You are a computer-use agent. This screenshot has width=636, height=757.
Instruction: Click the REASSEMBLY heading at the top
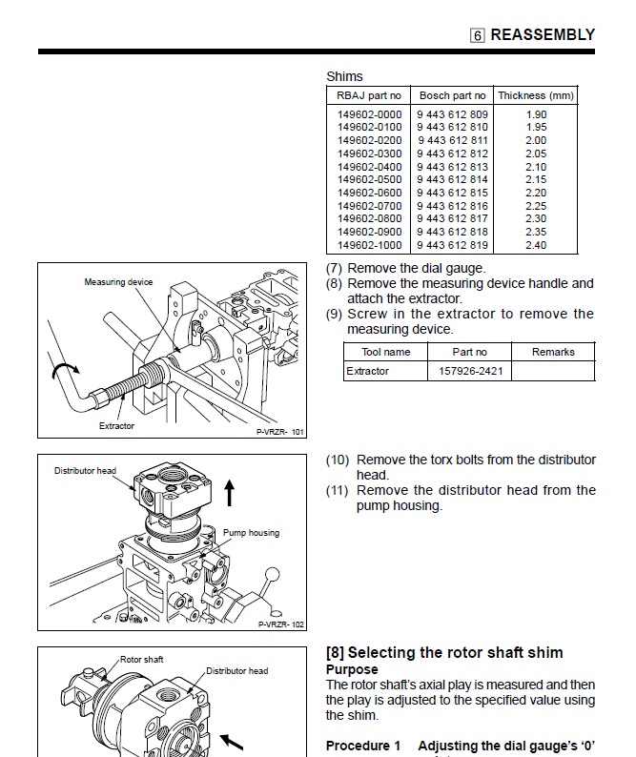click(x=542, y=34)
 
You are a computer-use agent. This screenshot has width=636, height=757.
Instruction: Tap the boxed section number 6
click(x=478, y=35)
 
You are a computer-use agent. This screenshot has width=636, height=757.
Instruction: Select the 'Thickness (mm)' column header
click(x=536, y=95)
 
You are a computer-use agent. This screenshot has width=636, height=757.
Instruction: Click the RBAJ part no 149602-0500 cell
click(x=370, y=179)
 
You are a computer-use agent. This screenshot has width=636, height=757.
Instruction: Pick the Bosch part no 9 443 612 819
click(x=452, y=245)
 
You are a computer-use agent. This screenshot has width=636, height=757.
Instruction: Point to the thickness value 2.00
click(x=536, y=140)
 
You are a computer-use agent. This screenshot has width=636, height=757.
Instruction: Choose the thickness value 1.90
click(x=536, y=114)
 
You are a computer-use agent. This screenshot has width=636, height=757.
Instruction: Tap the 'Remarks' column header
click(x=553, y=352)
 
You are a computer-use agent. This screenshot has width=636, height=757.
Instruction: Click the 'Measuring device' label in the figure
click(x=118, y=282)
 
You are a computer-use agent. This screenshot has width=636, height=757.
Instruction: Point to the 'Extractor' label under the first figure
click(x=117, y=426)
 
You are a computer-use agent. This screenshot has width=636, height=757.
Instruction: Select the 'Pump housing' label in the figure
click(x=251, y=533)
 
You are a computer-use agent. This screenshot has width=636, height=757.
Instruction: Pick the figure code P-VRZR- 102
click(x=280, y=624)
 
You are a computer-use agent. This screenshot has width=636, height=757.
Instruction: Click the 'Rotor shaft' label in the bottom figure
click(x=142, y=659)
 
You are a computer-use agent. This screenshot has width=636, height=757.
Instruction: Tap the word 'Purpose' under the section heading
click(x=352, y=670)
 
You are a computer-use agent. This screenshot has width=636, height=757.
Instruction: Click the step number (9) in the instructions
click(x=335, y=314)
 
